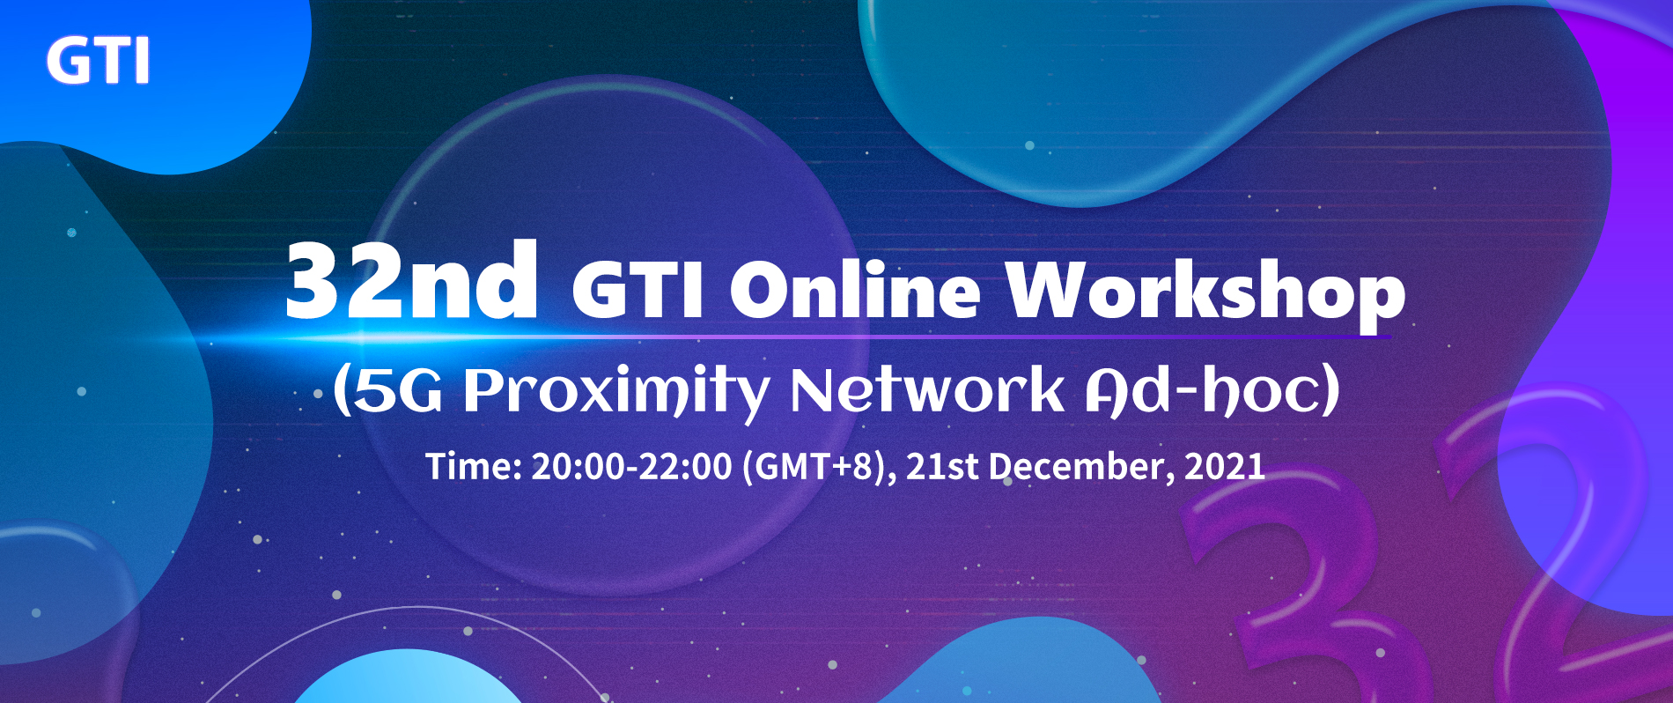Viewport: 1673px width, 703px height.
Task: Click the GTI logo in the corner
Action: (x=98, y=61)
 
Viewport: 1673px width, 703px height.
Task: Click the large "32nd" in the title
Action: (x=411, y=281)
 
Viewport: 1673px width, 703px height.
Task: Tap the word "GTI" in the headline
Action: (x=638, y=290)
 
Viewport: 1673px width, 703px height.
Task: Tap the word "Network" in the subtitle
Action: (x=927, y=389)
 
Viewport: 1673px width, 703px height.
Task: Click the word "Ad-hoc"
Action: (x=1201, y=389)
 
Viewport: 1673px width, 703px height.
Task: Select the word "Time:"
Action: (x=474, y=466)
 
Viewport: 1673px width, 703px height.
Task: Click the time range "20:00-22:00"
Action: (x=631, y=466)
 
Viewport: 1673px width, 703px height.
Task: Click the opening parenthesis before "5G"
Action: (x=342, y=391)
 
